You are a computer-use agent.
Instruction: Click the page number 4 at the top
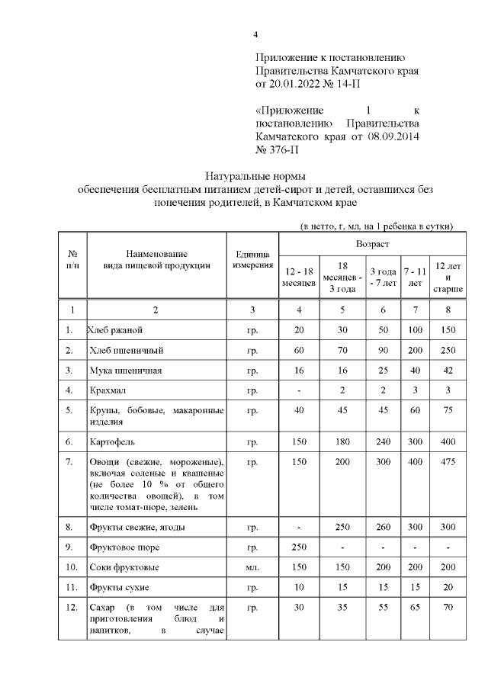[256, 34]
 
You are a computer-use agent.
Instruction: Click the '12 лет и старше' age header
[448, 277]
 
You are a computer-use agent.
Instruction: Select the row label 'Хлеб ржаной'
[116, 330]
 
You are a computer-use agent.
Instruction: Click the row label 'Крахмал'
[107, 390]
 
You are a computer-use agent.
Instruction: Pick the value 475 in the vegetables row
[448, 462]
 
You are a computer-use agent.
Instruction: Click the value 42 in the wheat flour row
[448, 371]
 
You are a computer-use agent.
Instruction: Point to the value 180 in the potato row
[342, 441]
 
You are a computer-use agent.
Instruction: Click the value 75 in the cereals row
[448, 410]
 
